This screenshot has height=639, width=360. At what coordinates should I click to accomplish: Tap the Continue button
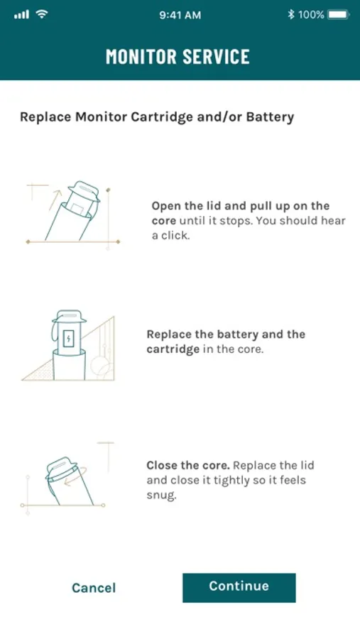239,587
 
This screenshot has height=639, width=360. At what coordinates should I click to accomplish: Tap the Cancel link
94,588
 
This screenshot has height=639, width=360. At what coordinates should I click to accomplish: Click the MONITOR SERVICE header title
178,56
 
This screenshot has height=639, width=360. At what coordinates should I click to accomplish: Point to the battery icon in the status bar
339,15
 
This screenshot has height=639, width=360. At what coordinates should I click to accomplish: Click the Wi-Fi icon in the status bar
42,15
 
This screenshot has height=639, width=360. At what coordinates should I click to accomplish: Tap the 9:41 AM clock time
180,15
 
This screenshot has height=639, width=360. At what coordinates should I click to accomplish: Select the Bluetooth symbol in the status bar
290,15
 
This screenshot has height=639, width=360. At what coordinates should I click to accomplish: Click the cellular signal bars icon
21,15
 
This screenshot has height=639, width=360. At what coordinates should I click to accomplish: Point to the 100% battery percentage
311,15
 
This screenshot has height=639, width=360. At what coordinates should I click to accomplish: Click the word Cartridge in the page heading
162,117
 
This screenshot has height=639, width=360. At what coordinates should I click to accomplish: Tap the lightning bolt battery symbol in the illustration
68,338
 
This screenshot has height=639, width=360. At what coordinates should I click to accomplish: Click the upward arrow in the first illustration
55,200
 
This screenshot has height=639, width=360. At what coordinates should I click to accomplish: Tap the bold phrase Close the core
188,465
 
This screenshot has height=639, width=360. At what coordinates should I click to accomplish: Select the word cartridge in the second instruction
173,349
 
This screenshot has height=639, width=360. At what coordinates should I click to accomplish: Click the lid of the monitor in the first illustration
84,191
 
